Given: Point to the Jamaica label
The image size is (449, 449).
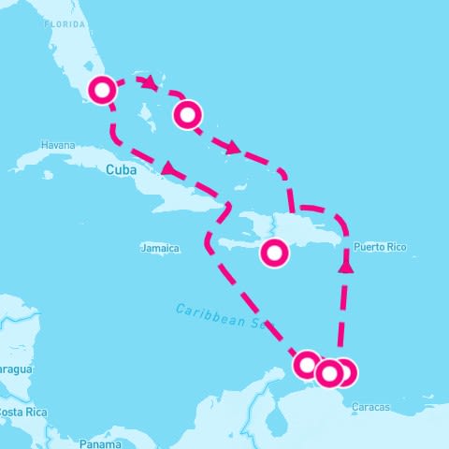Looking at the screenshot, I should tap(159, 248).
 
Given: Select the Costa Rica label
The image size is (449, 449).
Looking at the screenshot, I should tap(22, 413).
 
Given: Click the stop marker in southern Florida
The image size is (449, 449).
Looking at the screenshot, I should tap(103, 91).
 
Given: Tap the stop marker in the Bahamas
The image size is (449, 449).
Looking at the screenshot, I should tap(188, 115).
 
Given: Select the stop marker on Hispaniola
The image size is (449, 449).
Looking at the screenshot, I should tap(274, 253).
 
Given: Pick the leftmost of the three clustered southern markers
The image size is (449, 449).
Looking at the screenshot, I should tap(307, 364).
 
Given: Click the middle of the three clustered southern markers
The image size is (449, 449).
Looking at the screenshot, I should tap(328, 373).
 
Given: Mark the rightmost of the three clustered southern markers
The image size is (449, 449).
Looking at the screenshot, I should tap(344, 372).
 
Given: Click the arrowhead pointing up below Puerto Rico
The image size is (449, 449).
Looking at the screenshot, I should tap(346, 266).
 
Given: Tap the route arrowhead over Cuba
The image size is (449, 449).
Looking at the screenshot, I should tap(168, 168).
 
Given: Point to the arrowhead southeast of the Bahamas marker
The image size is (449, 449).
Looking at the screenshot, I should tap(234, 148).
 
